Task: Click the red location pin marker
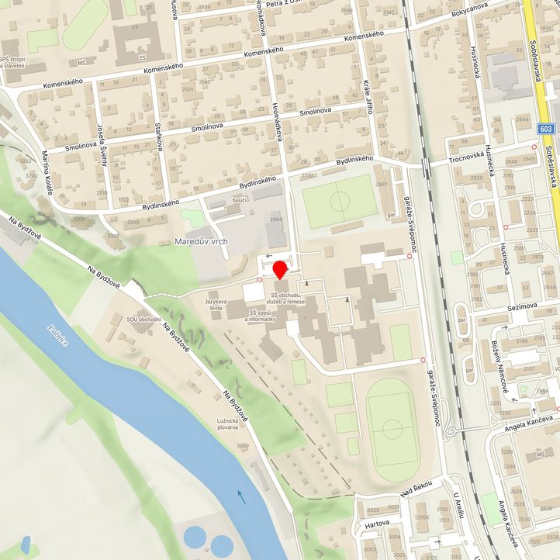(280, 269)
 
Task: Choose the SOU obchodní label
(144, 319)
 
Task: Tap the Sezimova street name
(521, 306)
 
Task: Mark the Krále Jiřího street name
(368, 96)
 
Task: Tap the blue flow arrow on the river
(242, 496)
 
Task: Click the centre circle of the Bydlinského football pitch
(339, 202)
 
